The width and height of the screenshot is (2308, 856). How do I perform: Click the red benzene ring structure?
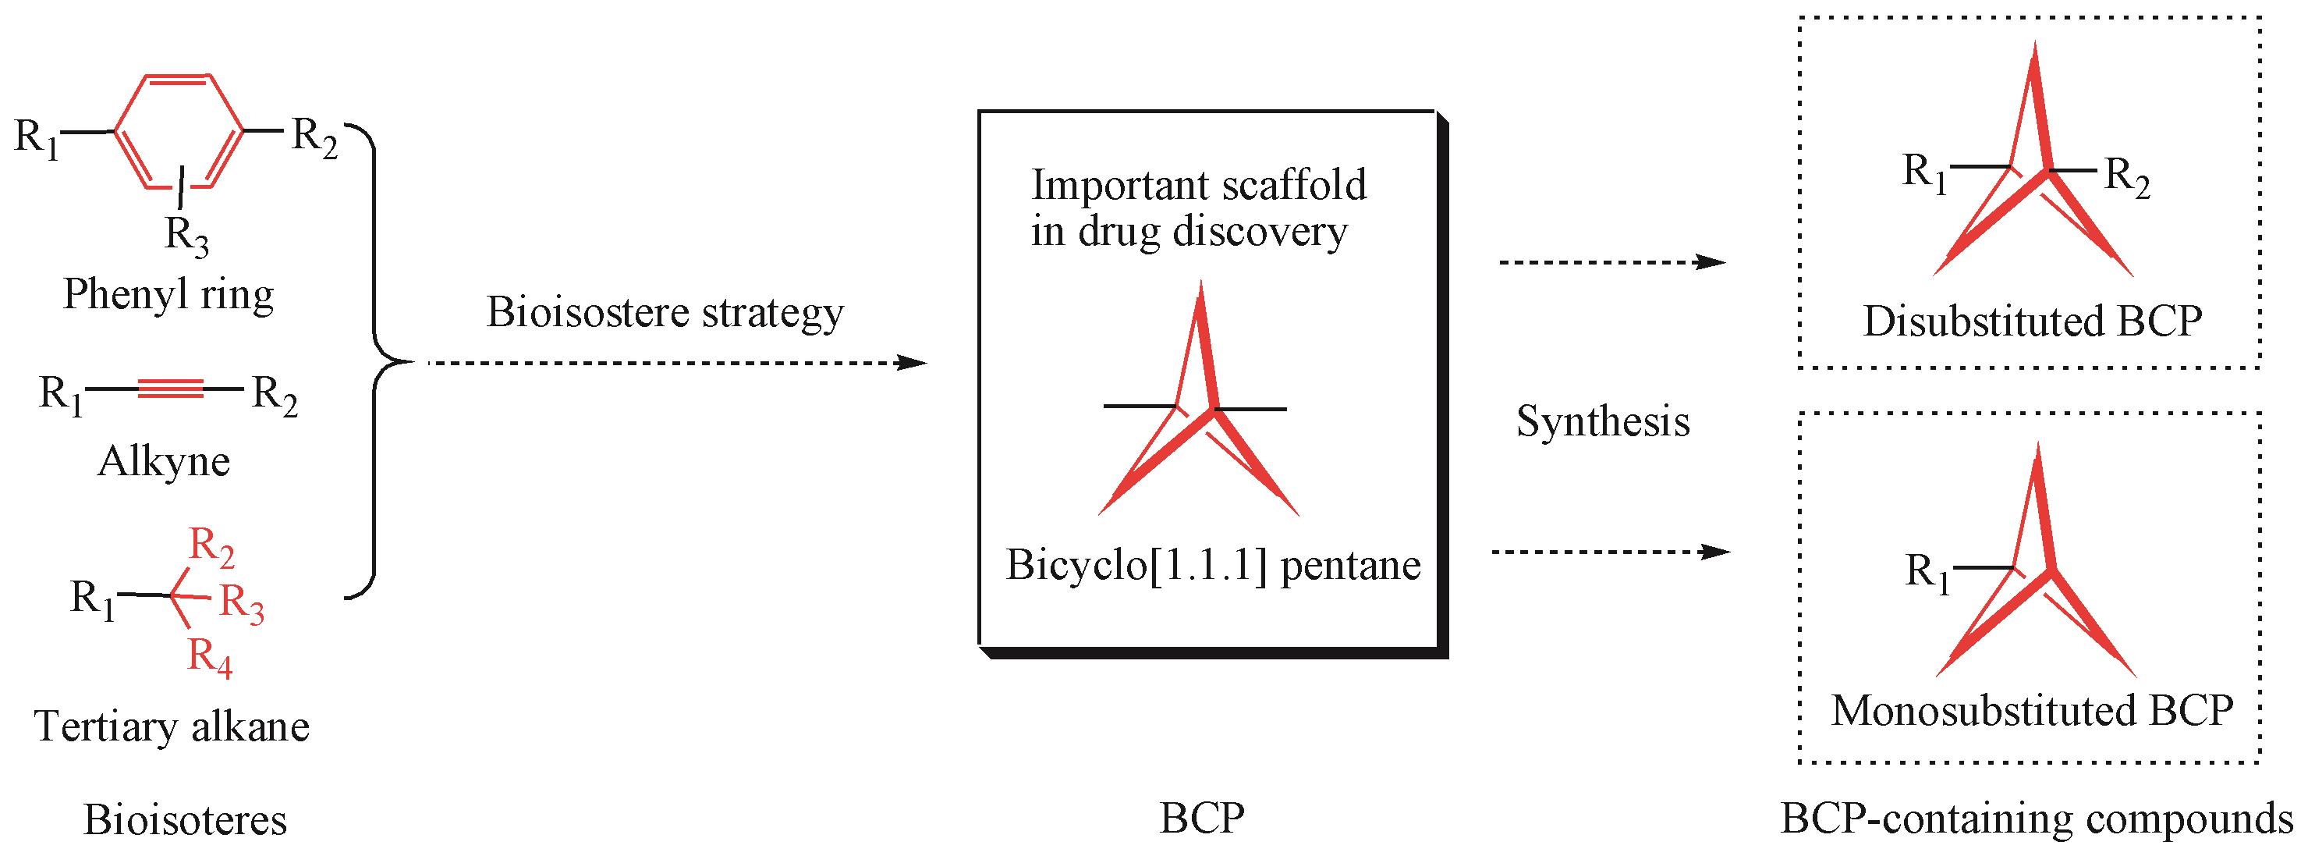(179, 132)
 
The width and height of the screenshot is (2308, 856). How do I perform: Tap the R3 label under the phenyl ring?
(186, 236)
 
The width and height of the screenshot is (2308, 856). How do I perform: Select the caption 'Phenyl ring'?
(168, 294)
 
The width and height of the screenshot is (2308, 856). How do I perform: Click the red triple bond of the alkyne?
(170, 388)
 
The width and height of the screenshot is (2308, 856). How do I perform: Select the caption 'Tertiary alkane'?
(172, 726)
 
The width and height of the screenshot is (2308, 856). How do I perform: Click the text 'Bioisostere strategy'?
(665, 313)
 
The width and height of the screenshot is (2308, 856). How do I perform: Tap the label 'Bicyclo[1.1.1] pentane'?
(1213, 566)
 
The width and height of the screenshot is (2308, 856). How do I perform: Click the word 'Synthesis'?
(1603, 421)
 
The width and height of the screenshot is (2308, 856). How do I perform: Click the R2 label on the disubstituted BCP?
(2126, 176)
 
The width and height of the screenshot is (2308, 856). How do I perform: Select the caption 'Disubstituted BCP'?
(2032, 321)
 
